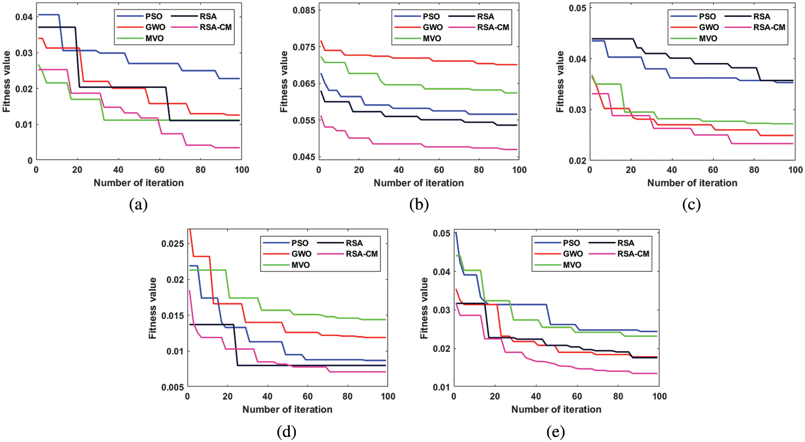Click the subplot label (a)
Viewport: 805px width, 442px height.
pos(138,205)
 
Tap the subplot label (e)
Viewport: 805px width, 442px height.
pos(556,432)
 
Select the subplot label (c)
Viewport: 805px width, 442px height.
pos(691,205)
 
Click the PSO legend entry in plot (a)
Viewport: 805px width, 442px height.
pos(154,17)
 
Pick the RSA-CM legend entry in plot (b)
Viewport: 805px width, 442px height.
pos(493,27)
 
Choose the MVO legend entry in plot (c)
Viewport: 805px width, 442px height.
pos(708,38)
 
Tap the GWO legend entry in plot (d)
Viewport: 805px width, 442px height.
pos(301,254)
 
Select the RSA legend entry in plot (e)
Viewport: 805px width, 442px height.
pos(625,243)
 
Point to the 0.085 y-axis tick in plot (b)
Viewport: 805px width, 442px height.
pos(303,10)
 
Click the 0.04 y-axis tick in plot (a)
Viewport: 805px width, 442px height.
pos(24,17)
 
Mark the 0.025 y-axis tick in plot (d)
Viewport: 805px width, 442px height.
pos(172,244)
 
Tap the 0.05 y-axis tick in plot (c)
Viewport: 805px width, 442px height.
pos(577,8)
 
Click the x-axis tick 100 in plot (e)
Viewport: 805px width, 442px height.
pos(659,397)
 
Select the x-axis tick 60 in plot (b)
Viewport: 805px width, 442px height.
pos(439,170)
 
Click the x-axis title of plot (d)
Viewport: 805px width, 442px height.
pos(287,409)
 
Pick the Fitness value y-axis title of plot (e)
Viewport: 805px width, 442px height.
pos(424,308)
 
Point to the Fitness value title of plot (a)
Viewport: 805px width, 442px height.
pos(6,81)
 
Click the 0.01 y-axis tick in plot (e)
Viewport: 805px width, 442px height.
pos(441,387)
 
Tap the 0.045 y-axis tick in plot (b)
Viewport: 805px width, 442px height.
pos(303,157)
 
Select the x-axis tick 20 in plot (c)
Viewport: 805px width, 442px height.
pos(630,170)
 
